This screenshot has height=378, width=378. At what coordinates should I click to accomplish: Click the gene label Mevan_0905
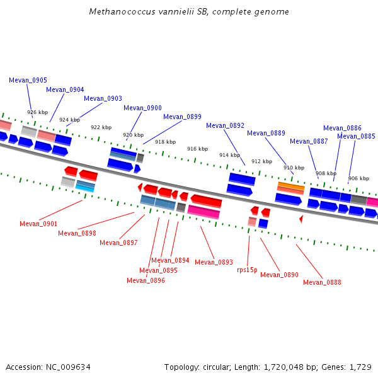[x=28, y=80]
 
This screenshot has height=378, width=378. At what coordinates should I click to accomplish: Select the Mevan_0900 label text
[x=142, y=108]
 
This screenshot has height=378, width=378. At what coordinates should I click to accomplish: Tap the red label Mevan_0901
[x=38, y=224]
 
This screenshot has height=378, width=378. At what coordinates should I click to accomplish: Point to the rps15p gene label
[x=247, y=270]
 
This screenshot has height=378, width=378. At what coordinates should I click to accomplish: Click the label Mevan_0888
[x=322, y=282]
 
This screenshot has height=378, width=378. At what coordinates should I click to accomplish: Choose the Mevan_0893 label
[x=214, y=262]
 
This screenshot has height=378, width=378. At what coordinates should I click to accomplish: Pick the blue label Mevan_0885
[x=356, y=136]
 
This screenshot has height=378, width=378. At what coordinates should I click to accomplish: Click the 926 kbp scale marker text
[x=38, y=112]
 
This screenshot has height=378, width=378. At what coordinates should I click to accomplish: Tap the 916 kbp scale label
[x=197, y=149]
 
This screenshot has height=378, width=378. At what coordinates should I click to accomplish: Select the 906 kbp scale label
[x=358, y=178]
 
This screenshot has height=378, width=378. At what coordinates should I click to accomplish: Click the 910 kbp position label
[x=294, y=168]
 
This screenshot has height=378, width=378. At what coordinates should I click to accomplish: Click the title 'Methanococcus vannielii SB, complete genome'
[x=189, y=11]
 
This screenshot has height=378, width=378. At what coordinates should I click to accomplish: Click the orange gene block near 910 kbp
[x=291, y=186]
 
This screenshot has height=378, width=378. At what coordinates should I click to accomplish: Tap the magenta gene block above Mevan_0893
[x=203, y=212]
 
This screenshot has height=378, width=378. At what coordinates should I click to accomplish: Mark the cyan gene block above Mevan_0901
[x=84, y=188]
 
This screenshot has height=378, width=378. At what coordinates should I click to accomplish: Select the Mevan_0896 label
[x=146, y=280]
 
